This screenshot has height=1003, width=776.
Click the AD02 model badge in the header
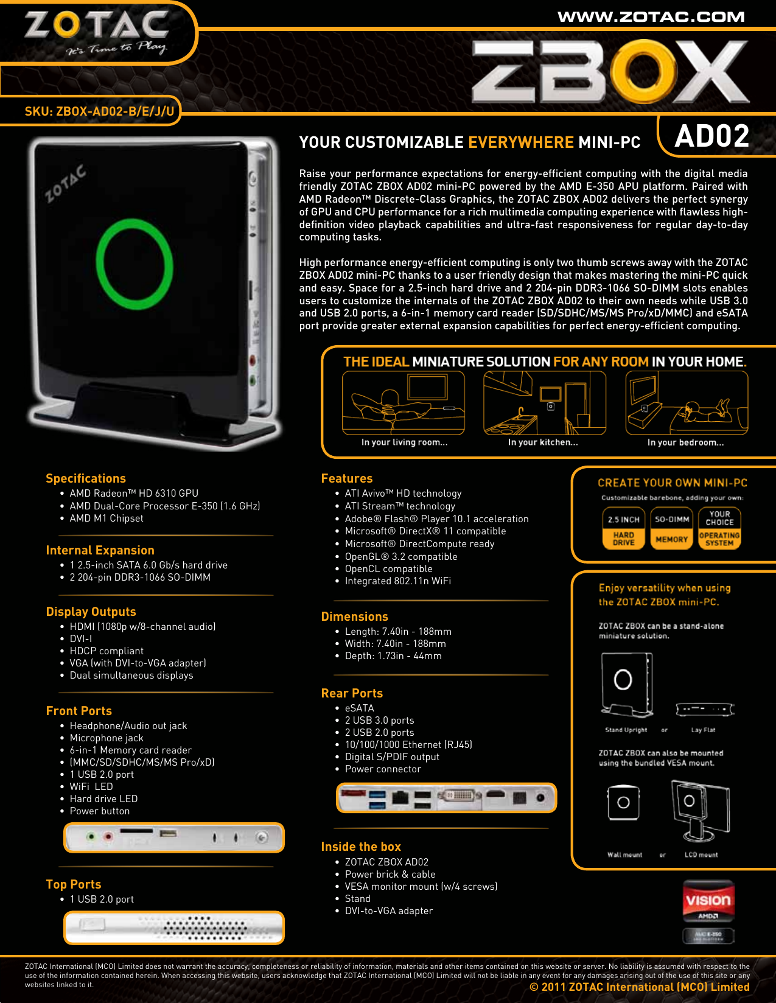pos(711,136)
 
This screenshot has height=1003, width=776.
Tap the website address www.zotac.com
pos(651,17)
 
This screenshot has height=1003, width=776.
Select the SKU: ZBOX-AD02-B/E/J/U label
pos(99,111)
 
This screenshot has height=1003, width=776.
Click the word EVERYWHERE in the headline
pos(521,142)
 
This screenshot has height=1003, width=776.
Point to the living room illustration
pos(404,403)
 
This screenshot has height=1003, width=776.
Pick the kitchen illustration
pos(544,403)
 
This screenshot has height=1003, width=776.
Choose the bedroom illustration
pos(686,403)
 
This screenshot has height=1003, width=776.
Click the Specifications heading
pos(86,478)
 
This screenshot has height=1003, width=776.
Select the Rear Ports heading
pos(352,693)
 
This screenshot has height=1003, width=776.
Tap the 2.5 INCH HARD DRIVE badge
pos(623,528)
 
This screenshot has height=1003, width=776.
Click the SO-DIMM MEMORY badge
pos(671,528)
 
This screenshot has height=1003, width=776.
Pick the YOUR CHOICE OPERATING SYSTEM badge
pos(719,528)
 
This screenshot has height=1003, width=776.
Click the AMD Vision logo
pos(708,901)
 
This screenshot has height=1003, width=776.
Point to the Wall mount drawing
pos(623,803)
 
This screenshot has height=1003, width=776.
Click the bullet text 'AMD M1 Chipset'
pos(107,519)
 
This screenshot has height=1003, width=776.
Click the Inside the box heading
pos(361,847)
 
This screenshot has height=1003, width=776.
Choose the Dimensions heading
pos(354,617)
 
